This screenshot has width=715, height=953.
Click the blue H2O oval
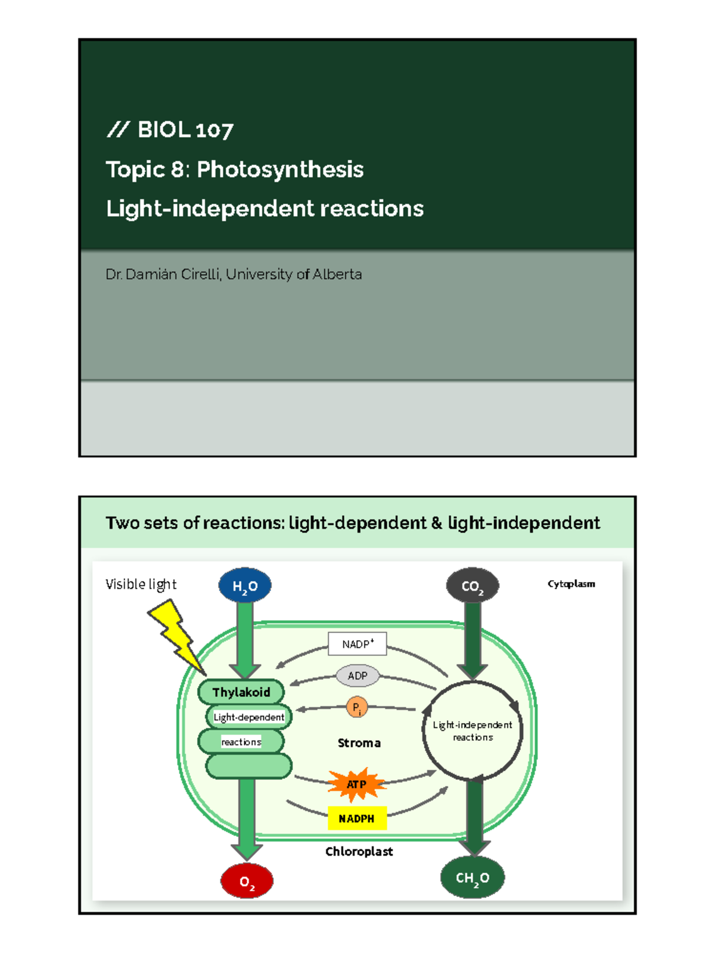(x=245, y=585)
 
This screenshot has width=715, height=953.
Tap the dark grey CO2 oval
(x=472, y=585)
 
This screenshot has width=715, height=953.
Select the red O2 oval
(x=247, y=881)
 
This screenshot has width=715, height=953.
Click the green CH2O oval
(x=472, y=877)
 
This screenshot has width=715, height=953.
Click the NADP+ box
(x=357, y=644)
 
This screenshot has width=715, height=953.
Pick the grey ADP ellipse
(x=357, y=675)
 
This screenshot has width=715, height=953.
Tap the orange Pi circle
(x=356, y=708)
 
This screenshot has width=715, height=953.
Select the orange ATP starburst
(x=356, y=784)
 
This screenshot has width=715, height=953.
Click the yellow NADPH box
(x=357, y=818)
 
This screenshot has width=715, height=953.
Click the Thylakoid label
(x=241, y=692)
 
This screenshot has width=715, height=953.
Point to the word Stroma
(x=359, y=743)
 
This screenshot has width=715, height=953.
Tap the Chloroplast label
(x=359, y=851)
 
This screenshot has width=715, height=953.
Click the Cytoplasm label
(x=571, y=584)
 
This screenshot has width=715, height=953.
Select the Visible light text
(x=141, y=584)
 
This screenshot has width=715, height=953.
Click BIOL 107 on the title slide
(x=185, y=130)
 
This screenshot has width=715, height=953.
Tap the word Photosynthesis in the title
(x=280, y=170)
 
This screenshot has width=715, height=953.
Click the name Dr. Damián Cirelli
(x=163, y=275)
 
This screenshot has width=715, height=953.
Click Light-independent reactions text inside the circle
(x=472, y=731)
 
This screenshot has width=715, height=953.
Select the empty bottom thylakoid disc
(x=249, y=766)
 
